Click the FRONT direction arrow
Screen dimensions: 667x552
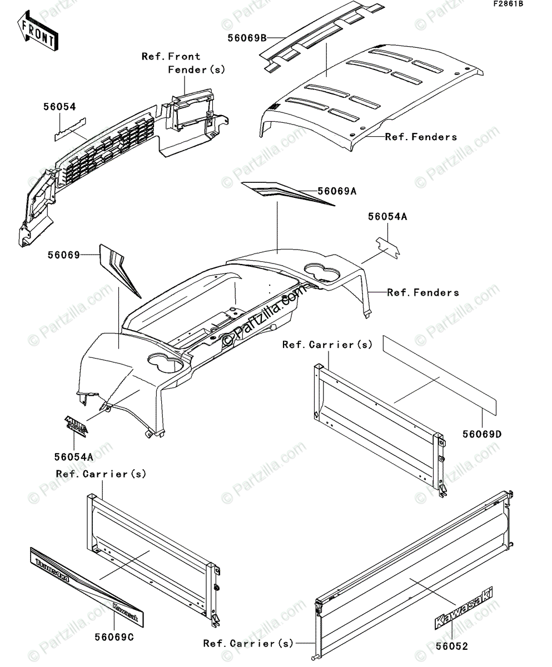pyautogui.click(x=37, y=32)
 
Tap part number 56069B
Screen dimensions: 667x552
pyautogui.click(x=247, y=38)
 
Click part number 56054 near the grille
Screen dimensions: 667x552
pyautogui.click(x=59, y=107)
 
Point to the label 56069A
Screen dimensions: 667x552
pyautogui.click(x=337, y=191)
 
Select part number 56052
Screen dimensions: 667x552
pyautogui.click(x=451, y=646)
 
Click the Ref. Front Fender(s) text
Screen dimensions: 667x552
pyautogui.click(x=183, y=63)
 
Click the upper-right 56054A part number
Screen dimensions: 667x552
pyautogui.click(x=387, y=217)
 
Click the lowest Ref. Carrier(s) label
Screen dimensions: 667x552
pyautogui.click(x=248, y=643)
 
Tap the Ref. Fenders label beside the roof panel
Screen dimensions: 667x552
pyautogui.click(x=421, y=137)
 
